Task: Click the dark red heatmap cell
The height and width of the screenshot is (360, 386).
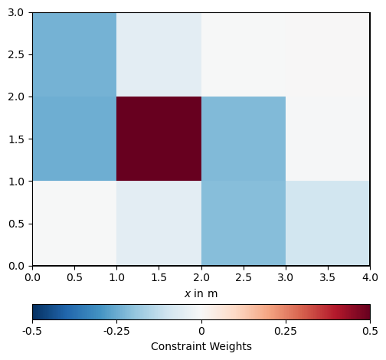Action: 159,139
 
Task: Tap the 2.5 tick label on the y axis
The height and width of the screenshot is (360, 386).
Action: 16,54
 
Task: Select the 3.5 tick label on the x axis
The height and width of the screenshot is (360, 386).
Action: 328,277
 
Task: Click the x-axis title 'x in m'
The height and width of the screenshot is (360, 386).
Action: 201,293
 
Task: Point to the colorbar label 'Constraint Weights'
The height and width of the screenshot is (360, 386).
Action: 201,346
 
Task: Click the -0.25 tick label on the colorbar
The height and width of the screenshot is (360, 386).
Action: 116,331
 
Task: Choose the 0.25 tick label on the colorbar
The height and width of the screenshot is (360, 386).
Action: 286,331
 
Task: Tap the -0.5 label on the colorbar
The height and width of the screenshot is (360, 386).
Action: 32,331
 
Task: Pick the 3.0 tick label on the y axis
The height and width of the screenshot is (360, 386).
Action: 16,12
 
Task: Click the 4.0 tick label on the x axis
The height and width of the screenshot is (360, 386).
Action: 370,277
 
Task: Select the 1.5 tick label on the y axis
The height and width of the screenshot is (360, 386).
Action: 16,139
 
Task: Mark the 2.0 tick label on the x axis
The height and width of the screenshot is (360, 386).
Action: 201,277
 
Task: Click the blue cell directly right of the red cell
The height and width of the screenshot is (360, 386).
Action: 244,139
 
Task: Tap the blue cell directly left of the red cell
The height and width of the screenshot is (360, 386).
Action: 74,139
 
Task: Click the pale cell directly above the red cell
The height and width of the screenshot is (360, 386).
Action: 159,54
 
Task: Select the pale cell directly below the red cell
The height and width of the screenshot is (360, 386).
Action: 159,223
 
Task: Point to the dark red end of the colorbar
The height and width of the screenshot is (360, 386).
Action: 368,312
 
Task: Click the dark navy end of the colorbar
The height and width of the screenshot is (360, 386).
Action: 35,312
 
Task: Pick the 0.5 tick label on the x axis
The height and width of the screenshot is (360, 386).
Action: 74,277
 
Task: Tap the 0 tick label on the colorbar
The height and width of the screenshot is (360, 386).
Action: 201,331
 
